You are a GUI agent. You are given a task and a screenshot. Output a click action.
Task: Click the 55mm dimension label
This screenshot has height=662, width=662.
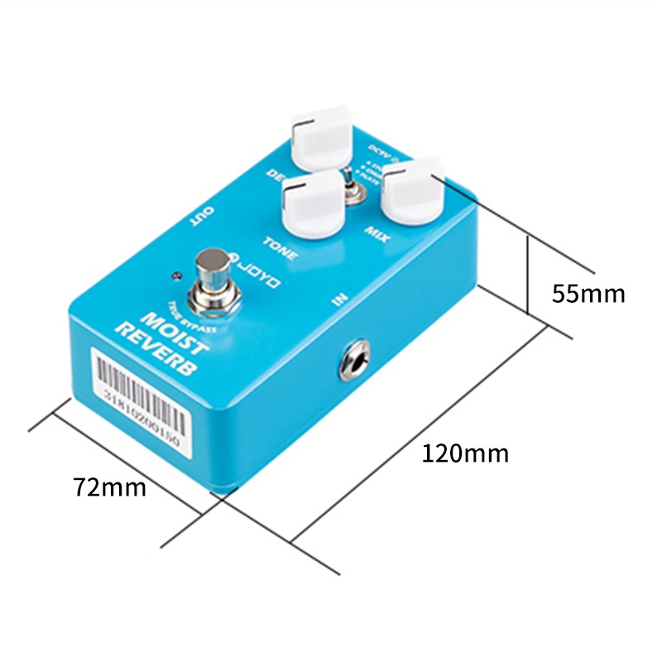pyautogui.click(x=588, y=294)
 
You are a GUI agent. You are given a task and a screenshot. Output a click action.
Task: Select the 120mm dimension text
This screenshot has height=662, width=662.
pyautogui.click(x=465, y=453)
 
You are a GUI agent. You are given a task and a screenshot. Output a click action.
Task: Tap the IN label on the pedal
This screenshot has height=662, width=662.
pyautogui.click(x=339, y=298)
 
